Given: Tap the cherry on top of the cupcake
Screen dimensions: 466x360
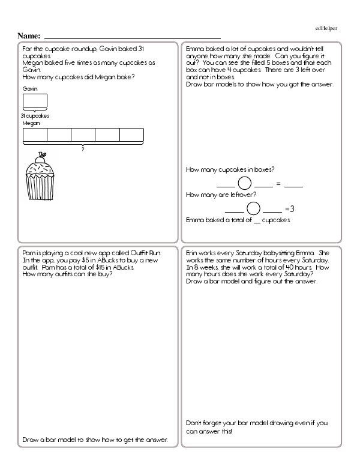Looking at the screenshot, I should click(x=41, y=155).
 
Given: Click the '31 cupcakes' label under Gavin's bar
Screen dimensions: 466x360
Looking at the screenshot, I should click(x=35, y=115).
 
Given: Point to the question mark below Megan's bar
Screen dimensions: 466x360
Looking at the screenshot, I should click(x=83, y=148).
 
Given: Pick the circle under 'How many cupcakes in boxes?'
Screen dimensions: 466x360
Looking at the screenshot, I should click(x=245, y=183).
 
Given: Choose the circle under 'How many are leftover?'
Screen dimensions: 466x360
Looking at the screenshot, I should click(x=253, y=208).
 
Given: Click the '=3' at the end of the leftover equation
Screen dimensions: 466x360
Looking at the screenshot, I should click(x=290, y=209).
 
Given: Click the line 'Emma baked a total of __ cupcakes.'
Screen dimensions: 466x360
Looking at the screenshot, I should click(x=238, y=220).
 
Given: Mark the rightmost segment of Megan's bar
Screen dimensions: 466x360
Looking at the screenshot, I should click(x=132, y=135).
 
